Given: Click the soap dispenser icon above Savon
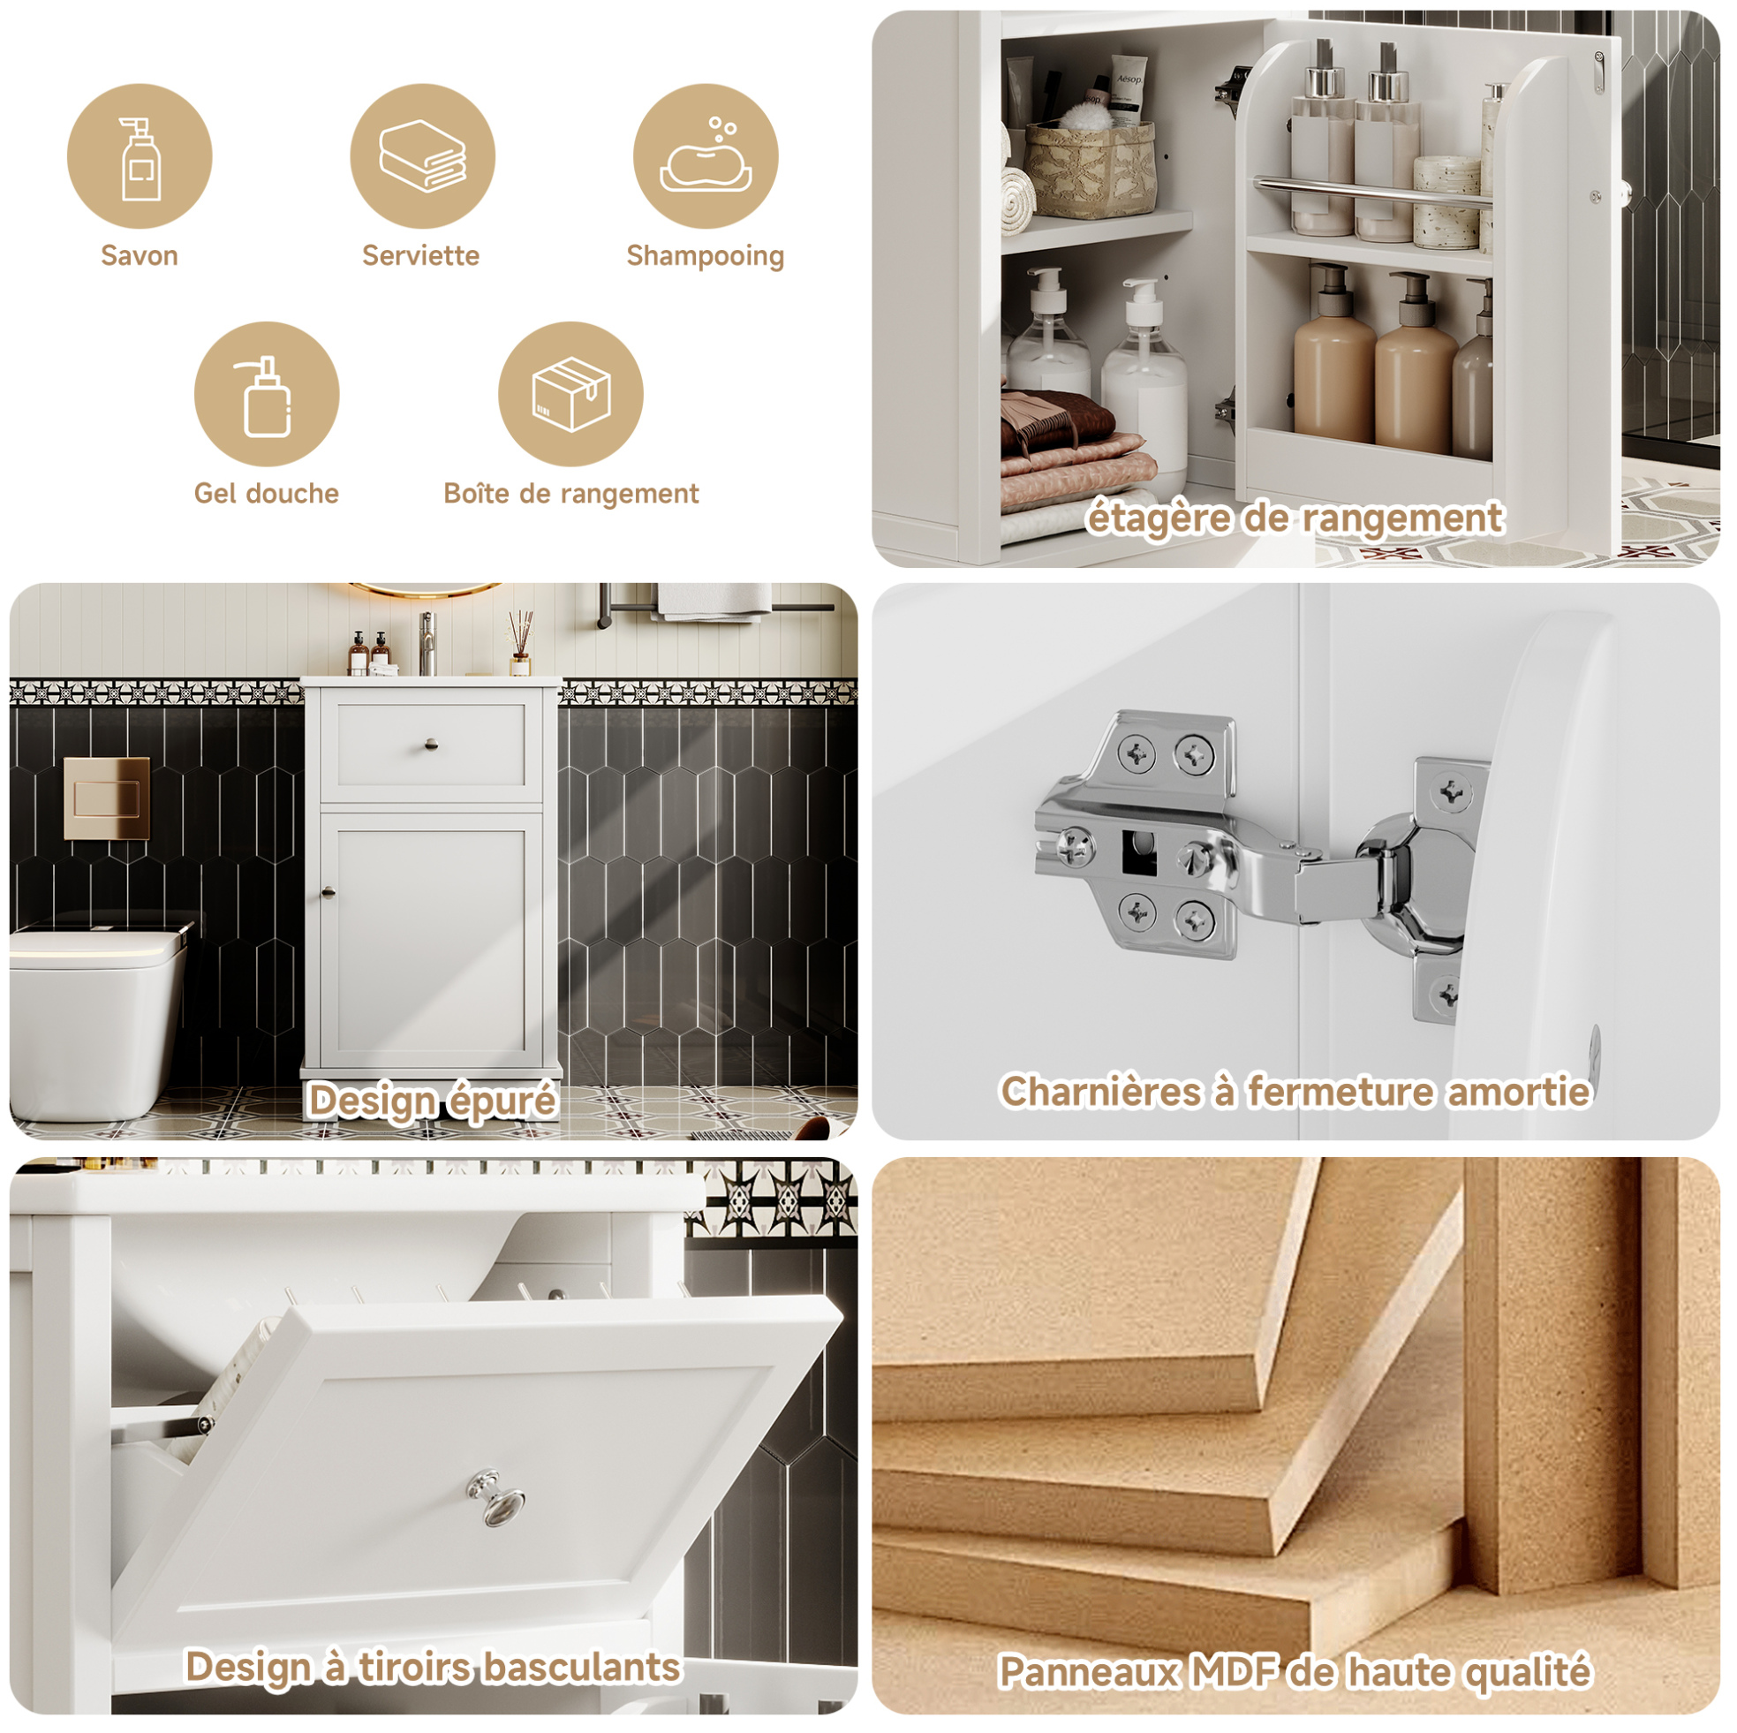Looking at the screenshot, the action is tap(140, 158).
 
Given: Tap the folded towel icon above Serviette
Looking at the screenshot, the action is tap(423, 155).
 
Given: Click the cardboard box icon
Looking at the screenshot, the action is tap(572, 394).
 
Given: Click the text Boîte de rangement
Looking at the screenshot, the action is tap(571, 494).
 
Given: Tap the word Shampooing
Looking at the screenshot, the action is tap(706, 256).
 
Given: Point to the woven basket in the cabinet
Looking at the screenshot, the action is tap(1091, 169).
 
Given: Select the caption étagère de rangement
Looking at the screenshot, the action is tap(1295, 518).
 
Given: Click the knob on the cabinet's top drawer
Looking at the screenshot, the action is tap(431, 744).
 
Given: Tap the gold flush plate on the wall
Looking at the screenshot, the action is tap(107, 798).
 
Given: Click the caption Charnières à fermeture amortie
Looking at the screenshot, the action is tap(1295, 1092).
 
